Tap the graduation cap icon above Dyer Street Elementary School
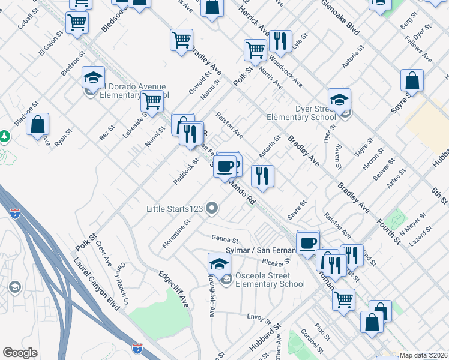(x=339, y=100)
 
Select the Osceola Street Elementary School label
(x=270, y=280)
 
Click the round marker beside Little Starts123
(x=211, y=209)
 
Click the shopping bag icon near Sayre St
(x=412, y=80)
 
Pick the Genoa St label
(x=225, y=239)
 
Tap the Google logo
(x=20, y=353)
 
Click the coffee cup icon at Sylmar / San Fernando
(x=308, y=243)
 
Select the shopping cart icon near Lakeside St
(x=152, y=103)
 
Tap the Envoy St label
(x=259, y=316)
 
